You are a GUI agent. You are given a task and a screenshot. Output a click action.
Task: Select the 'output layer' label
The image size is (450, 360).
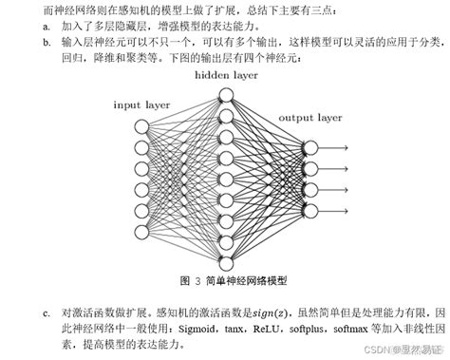tap(309, 117)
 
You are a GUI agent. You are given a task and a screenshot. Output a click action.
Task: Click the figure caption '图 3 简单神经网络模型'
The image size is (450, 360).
tap(232, 282)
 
